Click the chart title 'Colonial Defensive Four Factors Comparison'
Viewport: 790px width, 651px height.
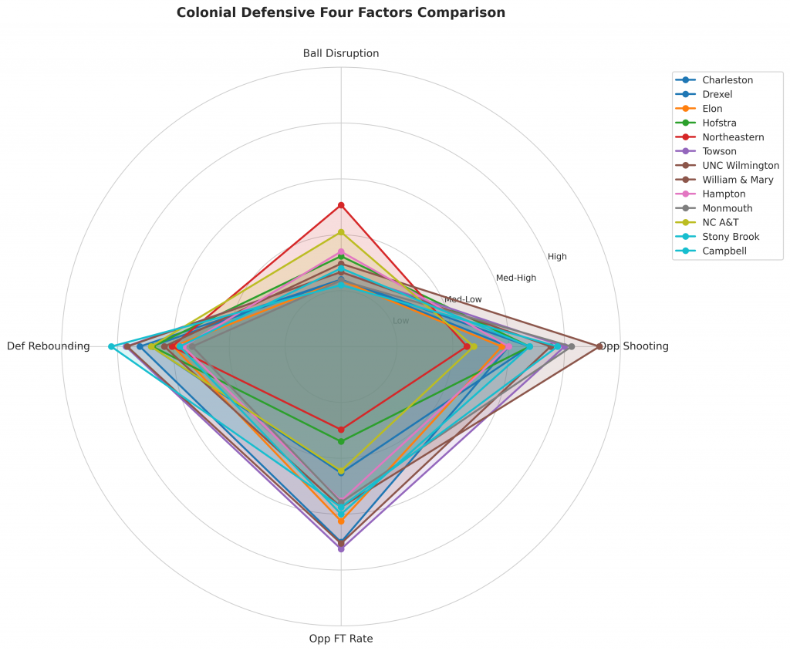click(x=341, y=12)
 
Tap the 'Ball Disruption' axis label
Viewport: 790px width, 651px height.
click(x=341, y=53)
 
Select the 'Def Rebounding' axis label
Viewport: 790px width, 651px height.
click(x=49, y=346)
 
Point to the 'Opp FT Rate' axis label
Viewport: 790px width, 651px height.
click(x=341, y=639)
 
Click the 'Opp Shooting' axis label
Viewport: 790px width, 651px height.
click(x=634, y=346)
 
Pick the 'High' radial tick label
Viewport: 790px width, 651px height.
click(x=557, y=256)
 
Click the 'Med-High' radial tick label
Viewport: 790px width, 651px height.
click(x=516, y=278)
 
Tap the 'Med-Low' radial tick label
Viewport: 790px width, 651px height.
click(x=463, y=299)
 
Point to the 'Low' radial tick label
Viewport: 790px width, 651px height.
click(x=401, y=321)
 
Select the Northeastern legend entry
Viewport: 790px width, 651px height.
click(x=733, y=137)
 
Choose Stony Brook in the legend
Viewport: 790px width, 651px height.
click(x=731, y=237)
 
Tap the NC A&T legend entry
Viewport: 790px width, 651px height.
click(x=720, y=222)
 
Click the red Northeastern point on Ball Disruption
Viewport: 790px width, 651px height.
click(x=341, y=205)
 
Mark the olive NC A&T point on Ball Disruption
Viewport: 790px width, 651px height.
click(x=341, y=232)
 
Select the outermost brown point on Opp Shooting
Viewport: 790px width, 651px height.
click(x=599, y=346)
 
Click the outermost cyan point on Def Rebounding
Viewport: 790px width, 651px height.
click(x=112, y=346)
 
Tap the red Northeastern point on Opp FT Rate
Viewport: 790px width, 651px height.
click(x=341, y=430)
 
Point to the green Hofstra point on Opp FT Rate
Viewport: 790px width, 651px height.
click(x=341, y=441)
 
